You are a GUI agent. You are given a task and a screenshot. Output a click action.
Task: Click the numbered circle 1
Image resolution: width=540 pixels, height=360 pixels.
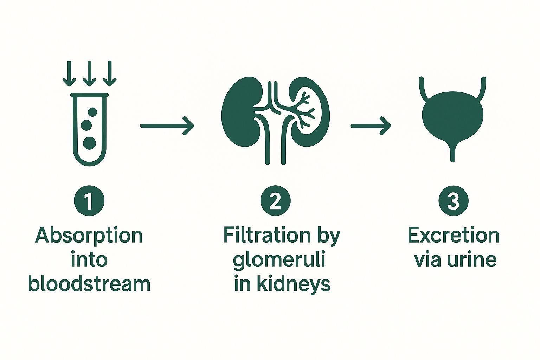[x=89, y=201]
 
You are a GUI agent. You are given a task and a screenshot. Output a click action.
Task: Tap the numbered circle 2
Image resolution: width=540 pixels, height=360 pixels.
[x=276, y=201]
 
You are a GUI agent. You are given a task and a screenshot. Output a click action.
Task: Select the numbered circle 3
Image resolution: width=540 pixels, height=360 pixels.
[x=454, y=201]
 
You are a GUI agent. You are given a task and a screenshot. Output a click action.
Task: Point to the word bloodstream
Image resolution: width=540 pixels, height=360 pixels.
[x=89, y=284]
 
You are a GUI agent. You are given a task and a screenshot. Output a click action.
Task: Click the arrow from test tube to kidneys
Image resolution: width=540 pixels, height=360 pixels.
[x=167, y=126]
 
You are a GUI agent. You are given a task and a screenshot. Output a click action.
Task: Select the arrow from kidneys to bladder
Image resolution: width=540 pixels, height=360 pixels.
[x=371, y=126]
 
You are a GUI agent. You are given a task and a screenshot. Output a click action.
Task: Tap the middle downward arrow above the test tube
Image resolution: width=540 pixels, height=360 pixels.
[x=89, y=73]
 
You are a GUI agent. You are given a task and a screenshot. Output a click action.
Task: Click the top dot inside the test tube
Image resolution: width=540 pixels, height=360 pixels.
[x=92, y=112]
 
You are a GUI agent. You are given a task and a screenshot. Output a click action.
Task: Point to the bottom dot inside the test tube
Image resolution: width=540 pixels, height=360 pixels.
[x=89, y=143]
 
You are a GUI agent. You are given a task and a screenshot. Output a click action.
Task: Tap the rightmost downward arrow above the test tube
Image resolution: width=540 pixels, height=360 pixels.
[x=110, y=73]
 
